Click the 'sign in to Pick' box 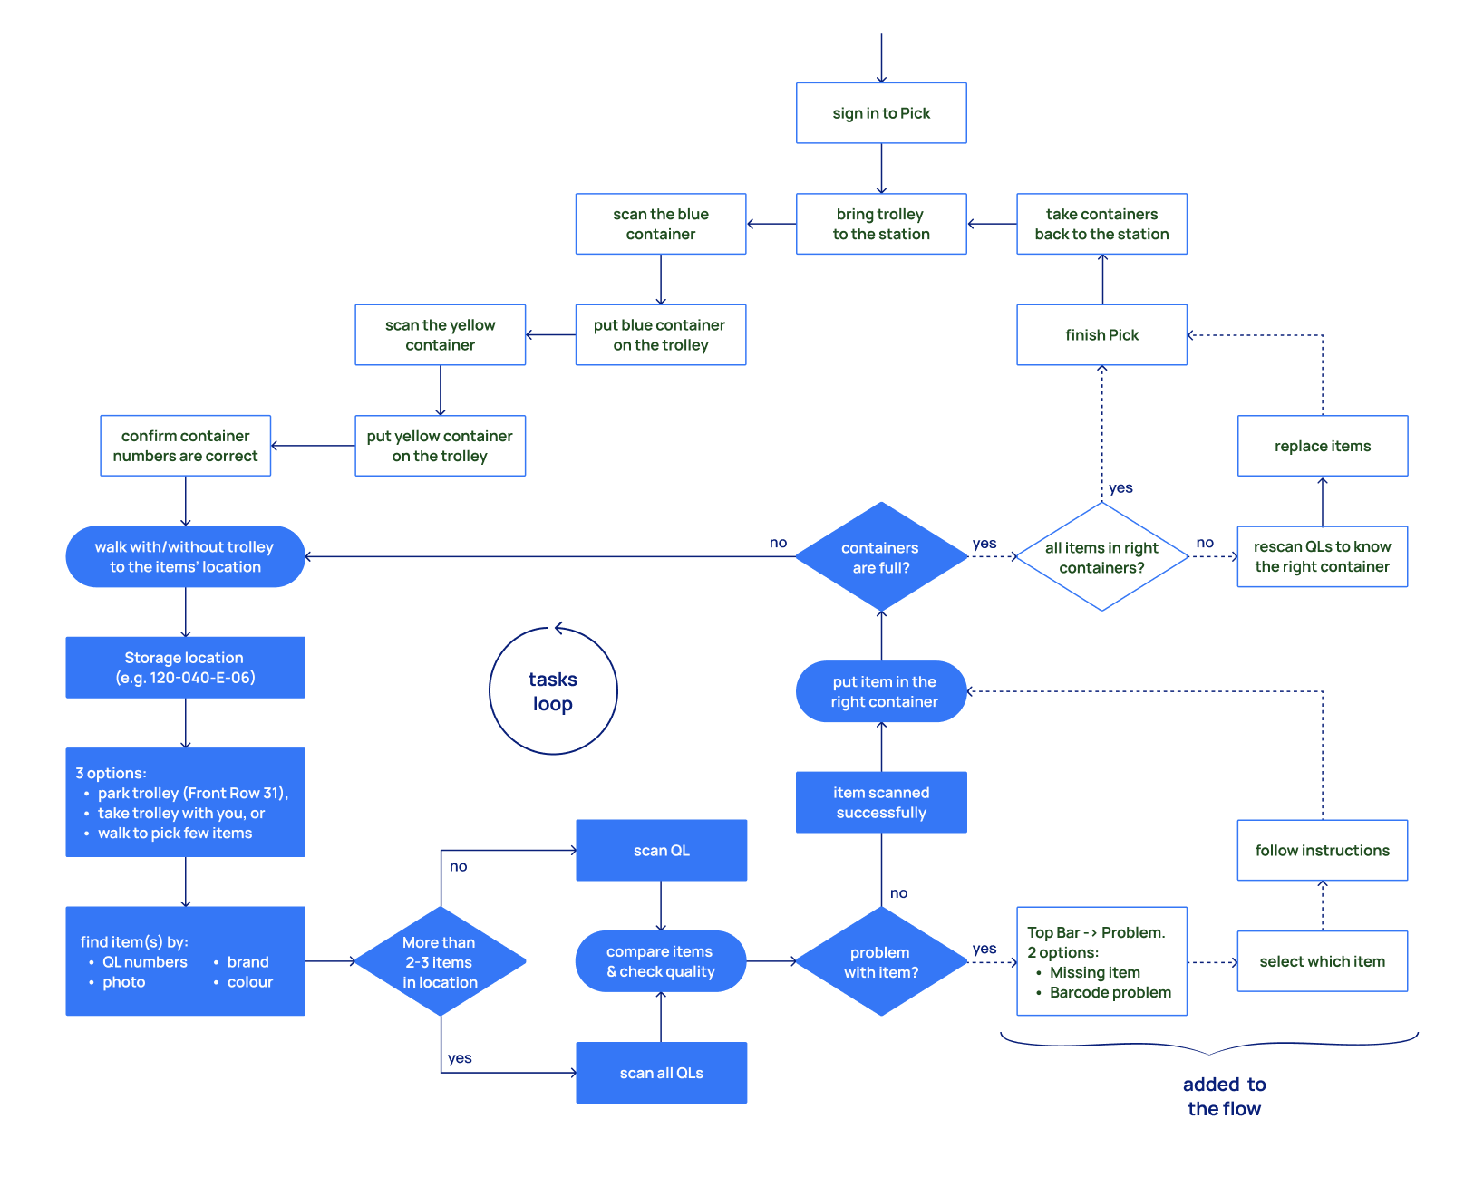tap(881, 113)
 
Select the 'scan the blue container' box tap(660, 224)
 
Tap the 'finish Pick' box tap(1101, 335)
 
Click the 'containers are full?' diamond tap(880, 557)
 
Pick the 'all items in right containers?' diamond tap(1101, 557)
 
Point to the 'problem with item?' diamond tap(880, 961)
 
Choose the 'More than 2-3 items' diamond tap(440, 961)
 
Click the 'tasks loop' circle tap(553, 691)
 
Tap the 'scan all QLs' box tap(661, 1073)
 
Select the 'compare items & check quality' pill tap(660, 961)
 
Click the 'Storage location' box tap(185, 668)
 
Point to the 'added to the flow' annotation tap(1224, 1096)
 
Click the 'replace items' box tap(1322, 446)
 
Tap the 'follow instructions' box tap(1322, 850)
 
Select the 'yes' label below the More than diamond tap(460, 1058)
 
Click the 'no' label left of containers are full tap(778, 543)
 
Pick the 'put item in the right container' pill tap(881, 691)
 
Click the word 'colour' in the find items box tap(249, 982)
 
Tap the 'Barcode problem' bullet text tap(1110, 992)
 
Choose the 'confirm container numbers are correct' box tap(185, 446)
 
